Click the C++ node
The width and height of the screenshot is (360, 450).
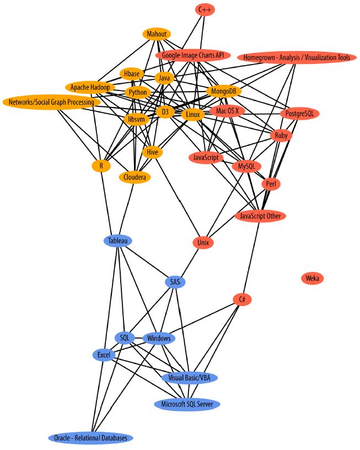(x=205, y=9)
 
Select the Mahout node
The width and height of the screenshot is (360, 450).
(x=157, y=34)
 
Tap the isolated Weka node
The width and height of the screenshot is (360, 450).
(x=313, y=278)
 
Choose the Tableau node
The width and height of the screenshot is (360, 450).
(x=118, y=240)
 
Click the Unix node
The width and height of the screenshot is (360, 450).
(x=202, y=242)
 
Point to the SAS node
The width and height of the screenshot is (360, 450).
(x=175, y=282)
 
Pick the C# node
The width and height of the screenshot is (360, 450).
(x=242, y=299)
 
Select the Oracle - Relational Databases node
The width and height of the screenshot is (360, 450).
(x=90, y=438)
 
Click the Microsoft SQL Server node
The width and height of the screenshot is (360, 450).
(x=187, y=404)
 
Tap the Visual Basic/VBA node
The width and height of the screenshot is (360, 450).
(x=190, y=378)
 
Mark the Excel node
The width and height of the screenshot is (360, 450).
(x=104, y=355)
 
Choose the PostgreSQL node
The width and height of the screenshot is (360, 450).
(x=299, y=114)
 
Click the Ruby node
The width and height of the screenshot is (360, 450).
(x=281, y=135)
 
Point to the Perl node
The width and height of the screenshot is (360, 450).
(x=271, y=184)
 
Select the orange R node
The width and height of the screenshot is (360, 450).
(x=101, y=165)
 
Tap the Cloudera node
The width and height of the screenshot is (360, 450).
(x=135, y=177)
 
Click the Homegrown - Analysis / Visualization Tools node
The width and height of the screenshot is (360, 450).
(x=296, y=57)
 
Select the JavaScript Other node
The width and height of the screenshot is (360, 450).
(x=261, y=216)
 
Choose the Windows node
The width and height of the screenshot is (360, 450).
(x=159, y=338)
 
